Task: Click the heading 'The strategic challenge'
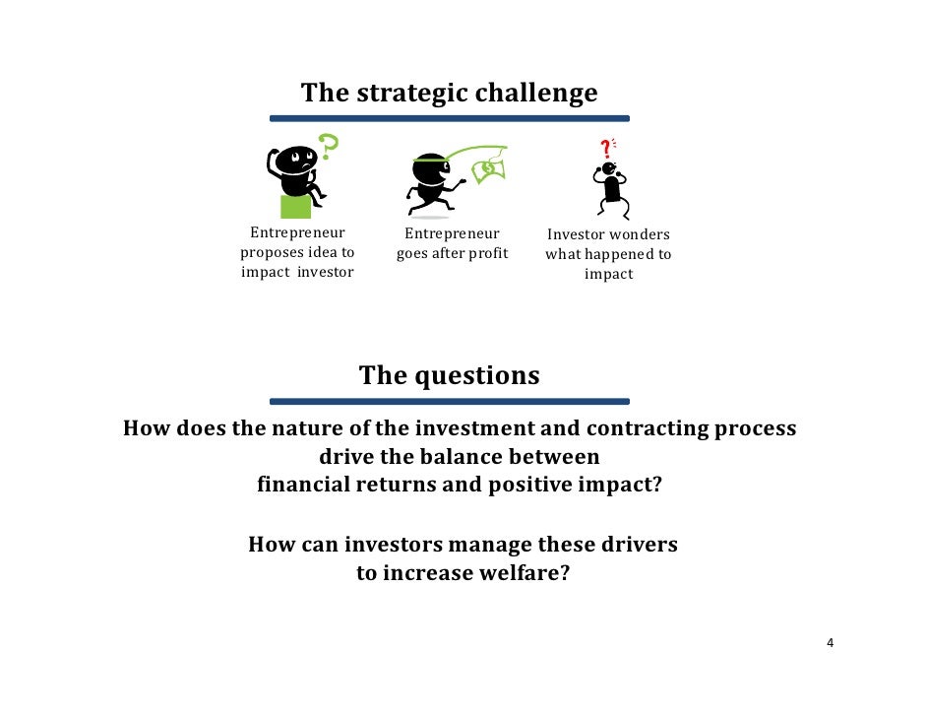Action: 449,93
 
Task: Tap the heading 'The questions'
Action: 449,375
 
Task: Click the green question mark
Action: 329,149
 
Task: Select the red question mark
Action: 605,148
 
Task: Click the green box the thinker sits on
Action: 295,206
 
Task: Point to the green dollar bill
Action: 488,168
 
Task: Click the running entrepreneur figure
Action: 434,182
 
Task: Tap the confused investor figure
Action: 611,187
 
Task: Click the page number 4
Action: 831,644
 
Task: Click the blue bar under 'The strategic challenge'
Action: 449,118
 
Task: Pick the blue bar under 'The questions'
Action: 449,401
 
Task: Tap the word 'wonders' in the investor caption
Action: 640,235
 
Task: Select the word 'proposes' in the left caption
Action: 271,254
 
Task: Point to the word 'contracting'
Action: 655,429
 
